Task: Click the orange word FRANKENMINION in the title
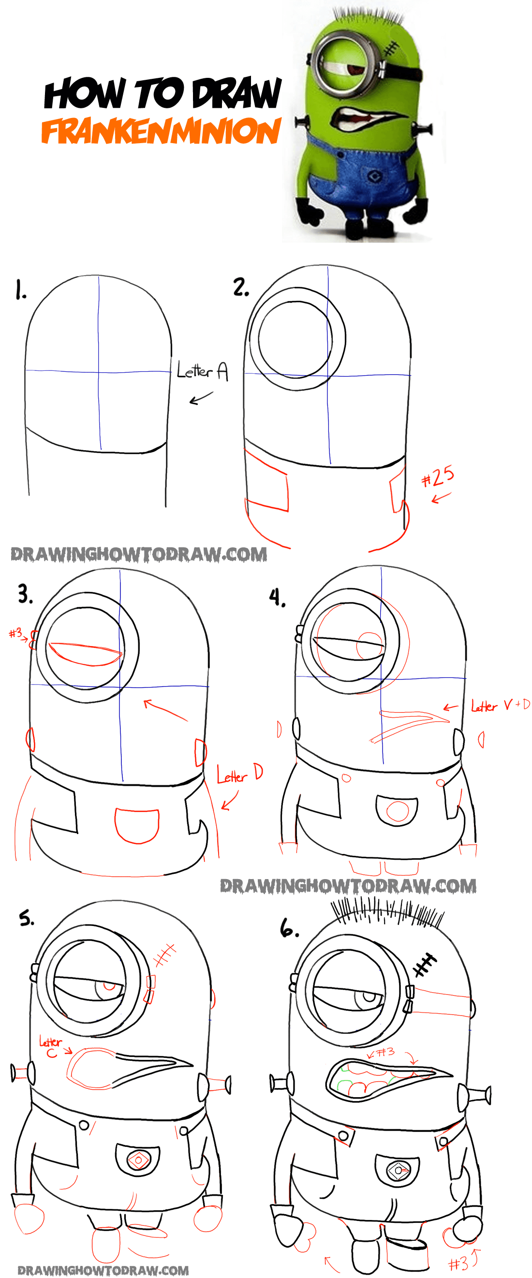(x=161, y=131)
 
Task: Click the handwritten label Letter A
(x=203, y=370)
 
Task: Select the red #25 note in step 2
(x=437, y=477)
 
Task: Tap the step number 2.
(x=241, y=287)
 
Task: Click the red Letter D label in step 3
(x=240, y=774)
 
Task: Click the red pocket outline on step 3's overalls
(x=137, y=825)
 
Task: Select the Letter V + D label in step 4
(x=500, y=705)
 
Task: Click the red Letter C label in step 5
(x=51, y=1047)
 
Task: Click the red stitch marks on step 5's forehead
(x=165, y=955)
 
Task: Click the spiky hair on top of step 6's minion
(x=387, y=911)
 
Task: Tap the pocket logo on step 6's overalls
(x=398, y=1170)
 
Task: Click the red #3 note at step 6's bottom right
(x=459, y=1263)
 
